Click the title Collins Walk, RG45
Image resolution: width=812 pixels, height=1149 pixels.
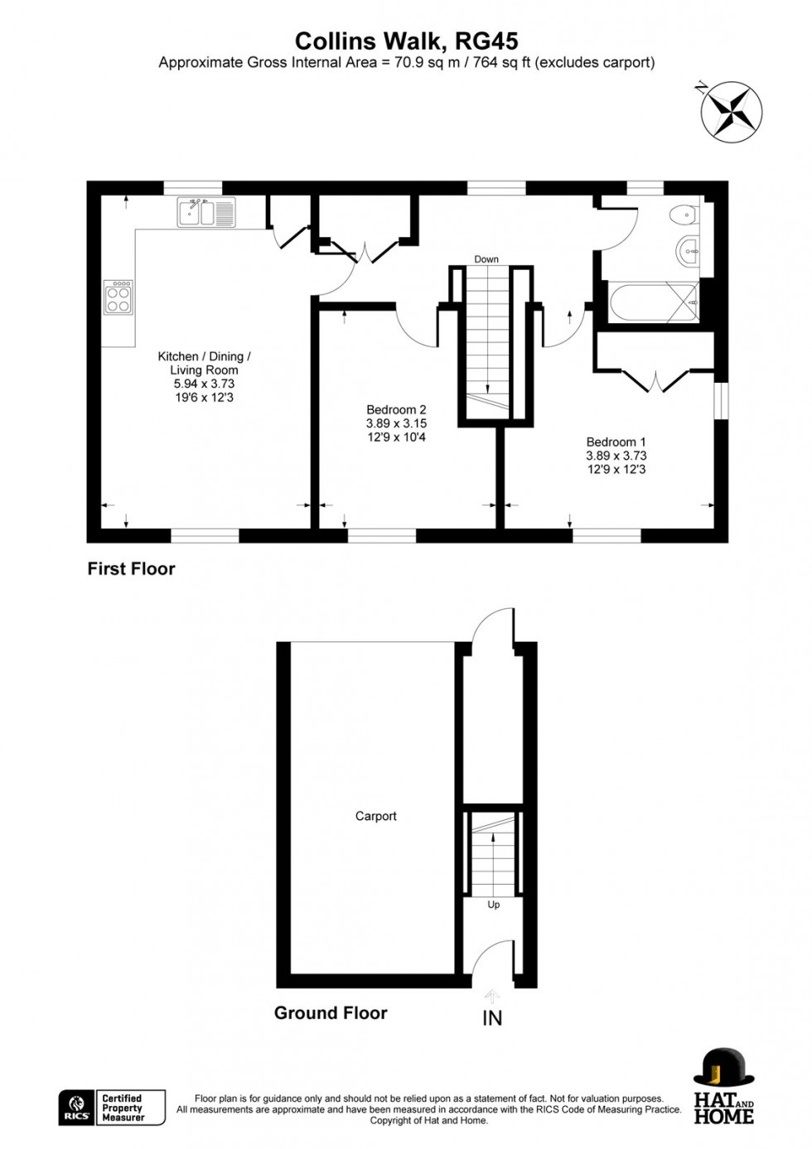[x=406, y=41]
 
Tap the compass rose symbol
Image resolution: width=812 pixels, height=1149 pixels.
[x=731, y=111]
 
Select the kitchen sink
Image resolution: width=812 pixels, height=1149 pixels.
[x=206, y=212]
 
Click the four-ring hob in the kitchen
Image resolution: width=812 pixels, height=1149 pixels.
[x=118, y=297]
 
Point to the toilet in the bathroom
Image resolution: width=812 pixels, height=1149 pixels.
[x=684, y=215]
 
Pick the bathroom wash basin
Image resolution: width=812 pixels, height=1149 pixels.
[x=688, y=250]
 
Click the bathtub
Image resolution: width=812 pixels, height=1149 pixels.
[x=653, y=302]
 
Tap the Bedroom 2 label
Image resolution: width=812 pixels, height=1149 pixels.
[x=396, y=409]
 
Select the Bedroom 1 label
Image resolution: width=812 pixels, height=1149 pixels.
[x=616, y=442]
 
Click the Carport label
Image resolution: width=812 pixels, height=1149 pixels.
[x=375, y=816]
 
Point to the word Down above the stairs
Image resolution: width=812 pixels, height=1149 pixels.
[x=486, y=259]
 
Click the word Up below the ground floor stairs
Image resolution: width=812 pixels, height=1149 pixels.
[x=494, y=905]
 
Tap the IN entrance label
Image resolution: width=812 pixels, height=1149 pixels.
[x=492, y=1017]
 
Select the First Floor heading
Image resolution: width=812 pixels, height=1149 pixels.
[x=131, y=569]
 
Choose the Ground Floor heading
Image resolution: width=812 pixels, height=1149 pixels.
[x=331, y=1012]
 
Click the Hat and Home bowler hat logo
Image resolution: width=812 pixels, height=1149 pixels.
[x=723, y=1068]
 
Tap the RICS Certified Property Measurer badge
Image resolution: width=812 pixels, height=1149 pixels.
[x=112, y=1108]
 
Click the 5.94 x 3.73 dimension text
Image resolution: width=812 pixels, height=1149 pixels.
[x=204, y=384]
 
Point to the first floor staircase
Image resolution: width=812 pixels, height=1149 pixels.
[x=487, y=340]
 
